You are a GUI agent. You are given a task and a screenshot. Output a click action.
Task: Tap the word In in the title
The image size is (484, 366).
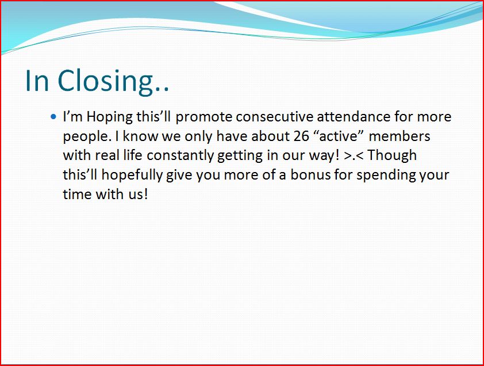tap(37, 81)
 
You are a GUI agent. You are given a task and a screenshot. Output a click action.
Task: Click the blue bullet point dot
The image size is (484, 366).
tap(53, 117)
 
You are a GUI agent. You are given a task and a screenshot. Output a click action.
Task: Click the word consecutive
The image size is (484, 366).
tap(275, 117)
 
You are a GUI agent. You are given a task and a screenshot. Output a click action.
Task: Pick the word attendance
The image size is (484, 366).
tap(354, 117)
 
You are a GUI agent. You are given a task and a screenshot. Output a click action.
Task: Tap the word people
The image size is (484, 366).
tap(87, 137)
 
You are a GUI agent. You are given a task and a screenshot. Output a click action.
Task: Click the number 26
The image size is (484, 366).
tap(301, 136)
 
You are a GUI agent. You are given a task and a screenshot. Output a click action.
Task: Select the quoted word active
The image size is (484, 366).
tap(338, 136)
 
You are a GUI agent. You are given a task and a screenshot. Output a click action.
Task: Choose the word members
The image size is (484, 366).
tap(400, 136)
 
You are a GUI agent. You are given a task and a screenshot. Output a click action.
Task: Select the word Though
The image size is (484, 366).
tap(393, 156)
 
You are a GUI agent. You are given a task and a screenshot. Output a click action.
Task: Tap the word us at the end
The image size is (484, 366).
tap(136, 195)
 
